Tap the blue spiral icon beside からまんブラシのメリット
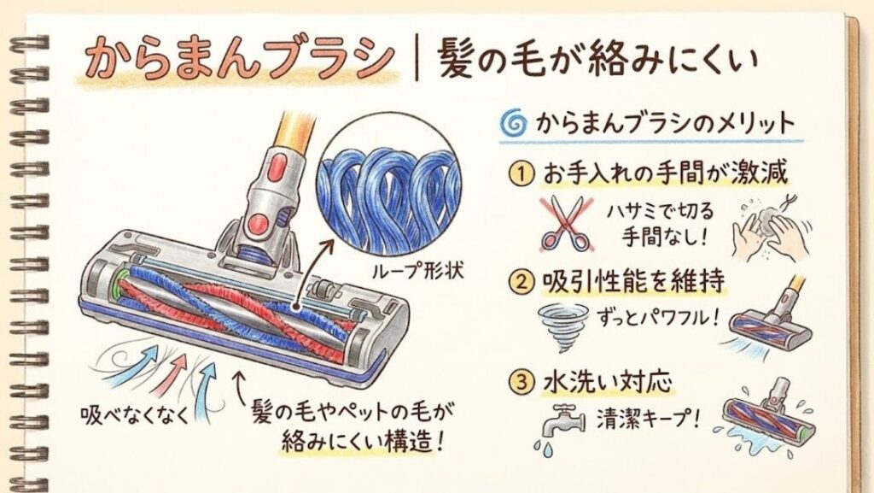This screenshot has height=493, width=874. click(x=512, y=125)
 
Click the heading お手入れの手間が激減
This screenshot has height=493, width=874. click(x=664, y=174)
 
